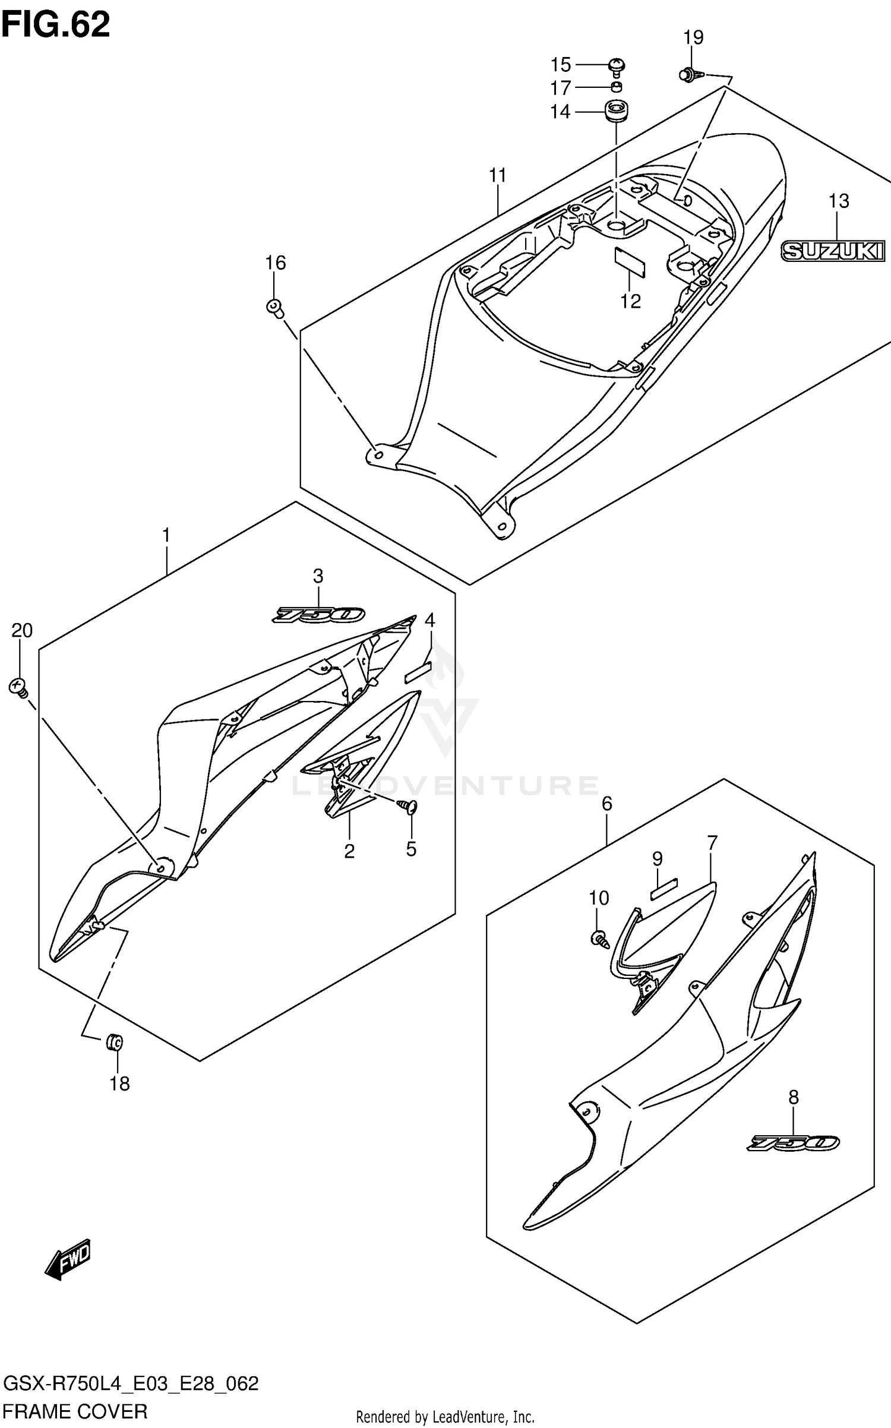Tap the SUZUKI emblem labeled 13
tap(832, 251)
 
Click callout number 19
tap(693, 37)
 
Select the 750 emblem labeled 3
tap(318, 614)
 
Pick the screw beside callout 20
tap(19, 688)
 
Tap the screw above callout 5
tap(408, 806)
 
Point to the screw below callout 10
tap(599, 939)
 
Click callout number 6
tap(606, 804)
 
